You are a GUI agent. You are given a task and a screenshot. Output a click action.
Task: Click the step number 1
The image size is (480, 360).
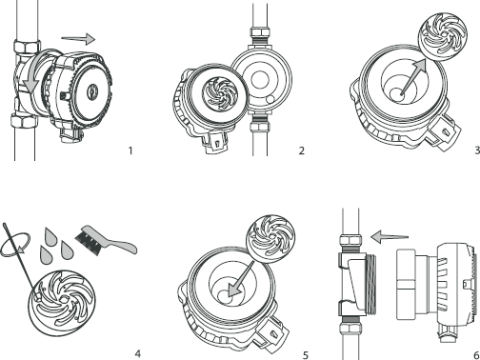tap(130, 150)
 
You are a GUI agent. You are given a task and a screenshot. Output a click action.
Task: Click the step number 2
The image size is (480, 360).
tap(302, 150)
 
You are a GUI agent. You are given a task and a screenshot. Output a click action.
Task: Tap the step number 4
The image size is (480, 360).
tap(137, 353)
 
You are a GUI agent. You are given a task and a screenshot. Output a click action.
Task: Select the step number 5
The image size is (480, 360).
tap(306, 355)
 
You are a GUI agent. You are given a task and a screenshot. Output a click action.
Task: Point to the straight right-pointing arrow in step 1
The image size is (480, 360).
tap(78, 39)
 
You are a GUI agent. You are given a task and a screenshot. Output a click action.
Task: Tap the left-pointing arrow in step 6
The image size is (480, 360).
tap(390, 237)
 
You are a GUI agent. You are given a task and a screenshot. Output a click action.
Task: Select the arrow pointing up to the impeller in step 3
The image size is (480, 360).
tap(413, 77)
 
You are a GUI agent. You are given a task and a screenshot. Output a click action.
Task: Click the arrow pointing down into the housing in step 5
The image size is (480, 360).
tap(242, 279)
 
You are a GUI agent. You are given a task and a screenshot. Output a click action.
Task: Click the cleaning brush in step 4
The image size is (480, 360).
tap(105, 240)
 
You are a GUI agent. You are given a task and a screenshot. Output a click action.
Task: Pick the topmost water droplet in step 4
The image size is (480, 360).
tap(50, 236)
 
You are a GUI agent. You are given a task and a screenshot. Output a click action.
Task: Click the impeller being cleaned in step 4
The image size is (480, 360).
tap(61, 302)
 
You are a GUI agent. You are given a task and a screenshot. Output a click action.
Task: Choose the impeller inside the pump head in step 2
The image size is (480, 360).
tap(220, 94)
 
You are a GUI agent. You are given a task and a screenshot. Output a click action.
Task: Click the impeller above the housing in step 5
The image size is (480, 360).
tap(270, 239)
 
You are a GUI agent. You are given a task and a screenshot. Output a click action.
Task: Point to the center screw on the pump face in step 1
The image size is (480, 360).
tap(91, 91)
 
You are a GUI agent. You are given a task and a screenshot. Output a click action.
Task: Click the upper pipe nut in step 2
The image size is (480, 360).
tap(260, 32)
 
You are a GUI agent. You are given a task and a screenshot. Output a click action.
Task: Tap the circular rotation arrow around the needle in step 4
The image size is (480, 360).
tap(15, 245)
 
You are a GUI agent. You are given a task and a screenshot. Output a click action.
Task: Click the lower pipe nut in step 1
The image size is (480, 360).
tap(24, 120)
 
